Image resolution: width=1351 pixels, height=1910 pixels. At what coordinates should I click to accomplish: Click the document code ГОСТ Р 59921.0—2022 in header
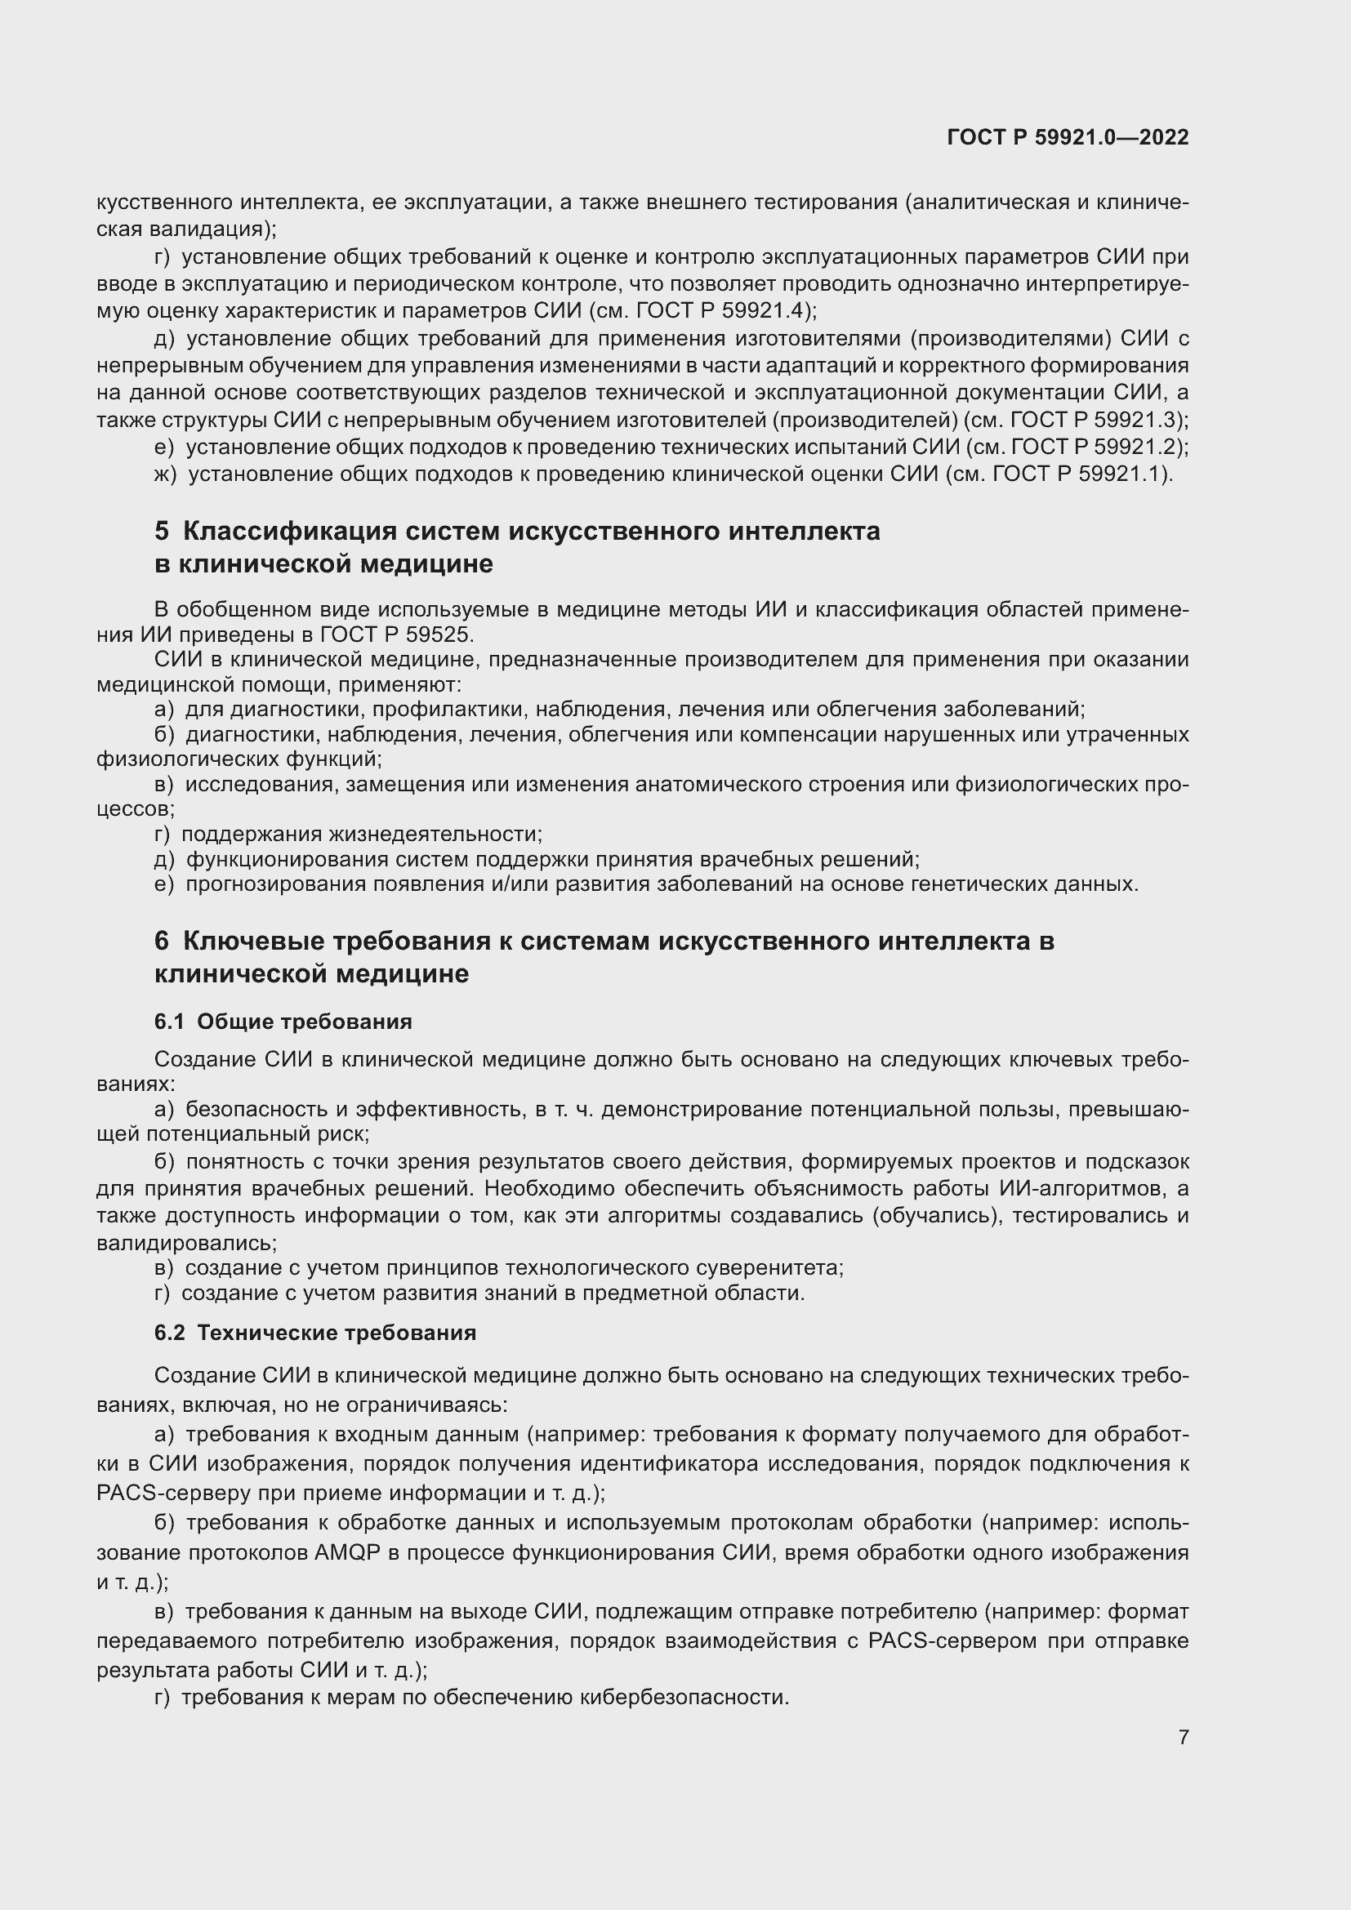(1068, 138)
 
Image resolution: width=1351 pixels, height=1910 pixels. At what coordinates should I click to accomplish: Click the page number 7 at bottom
(1183, 1737)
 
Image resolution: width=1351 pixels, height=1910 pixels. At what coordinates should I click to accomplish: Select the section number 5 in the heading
(162, 531)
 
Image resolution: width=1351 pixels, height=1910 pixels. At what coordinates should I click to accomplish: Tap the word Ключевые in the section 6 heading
(252, 941)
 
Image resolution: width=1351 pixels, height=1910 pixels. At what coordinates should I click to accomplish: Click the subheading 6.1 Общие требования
(283, 1021)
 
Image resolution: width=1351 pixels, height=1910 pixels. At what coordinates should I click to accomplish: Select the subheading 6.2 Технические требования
(314, 1333)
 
